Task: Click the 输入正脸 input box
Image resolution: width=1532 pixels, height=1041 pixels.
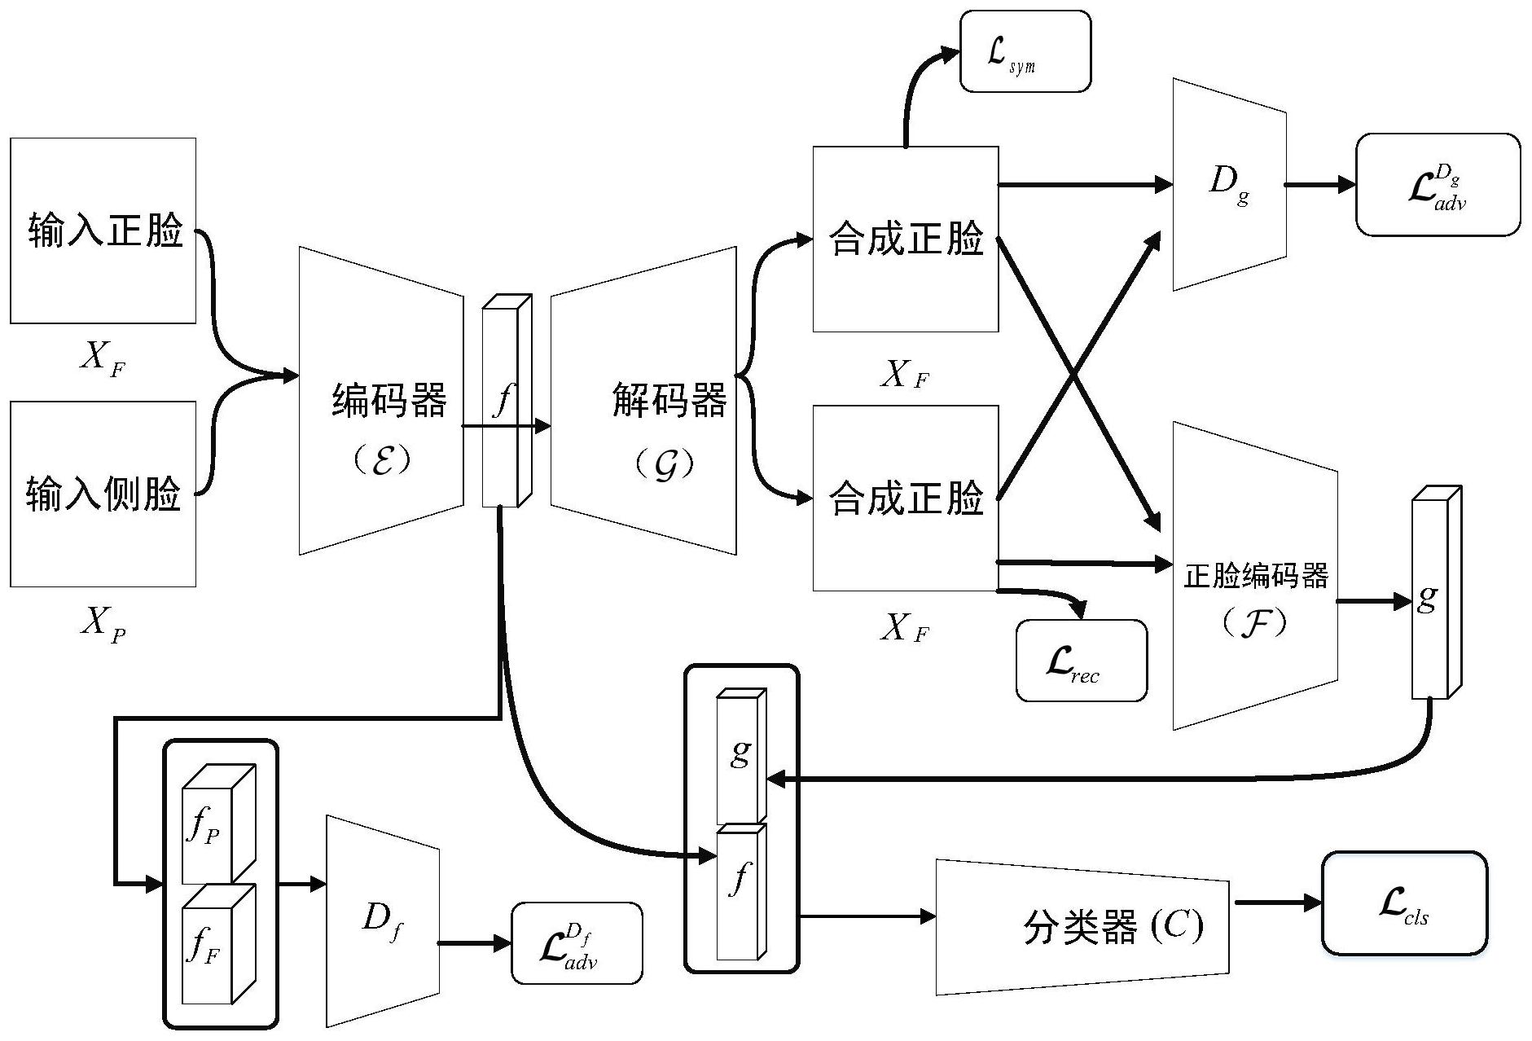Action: pos(103,231)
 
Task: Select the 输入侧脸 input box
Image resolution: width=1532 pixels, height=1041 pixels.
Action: pos(103,494)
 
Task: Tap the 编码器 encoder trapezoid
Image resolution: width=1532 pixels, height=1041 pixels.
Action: pos(381,401)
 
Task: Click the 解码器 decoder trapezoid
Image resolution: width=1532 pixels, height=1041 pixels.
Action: pos(643,401)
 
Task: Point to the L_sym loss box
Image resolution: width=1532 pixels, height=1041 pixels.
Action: pos(1025,51)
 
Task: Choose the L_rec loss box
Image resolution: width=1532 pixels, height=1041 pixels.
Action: pos(1081,661)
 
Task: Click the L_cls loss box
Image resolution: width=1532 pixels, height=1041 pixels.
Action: pos(1404,903)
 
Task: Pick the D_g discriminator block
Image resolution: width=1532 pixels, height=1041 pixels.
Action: pos(1228,184)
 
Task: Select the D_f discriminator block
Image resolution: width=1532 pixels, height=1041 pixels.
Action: pos(383,921)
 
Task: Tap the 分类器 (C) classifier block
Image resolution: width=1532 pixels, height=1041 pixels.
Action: pos(1082,927)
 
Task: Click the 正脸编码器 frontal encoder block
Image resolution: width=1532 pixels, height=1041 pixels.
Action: pos(1254,577)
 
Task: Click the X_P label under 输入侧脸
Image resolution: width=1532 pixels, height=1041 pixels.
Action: pos(103,624)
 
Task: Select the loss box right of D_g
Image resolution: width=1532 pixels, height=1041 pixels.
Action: pos(1438,185)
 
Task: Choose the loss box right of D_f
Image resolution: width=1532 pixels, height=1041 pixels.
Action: pos(577,943)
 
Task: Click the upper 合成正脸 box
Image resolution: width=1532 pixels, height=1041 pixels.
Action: pos(906,239)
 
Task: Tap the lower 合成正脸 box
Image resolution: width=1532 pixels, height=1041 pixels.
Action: pos(906,499)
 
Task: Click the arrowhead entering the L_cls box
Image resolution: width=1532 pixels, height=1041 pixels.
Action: pos(1313,903)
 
